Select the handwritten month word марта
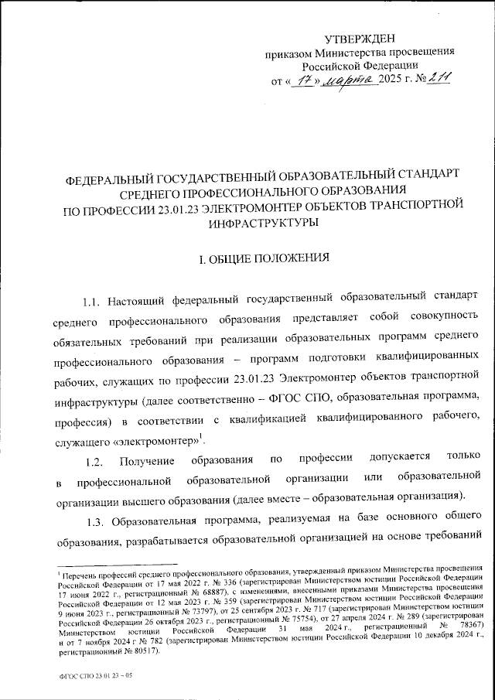(349, 79)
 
